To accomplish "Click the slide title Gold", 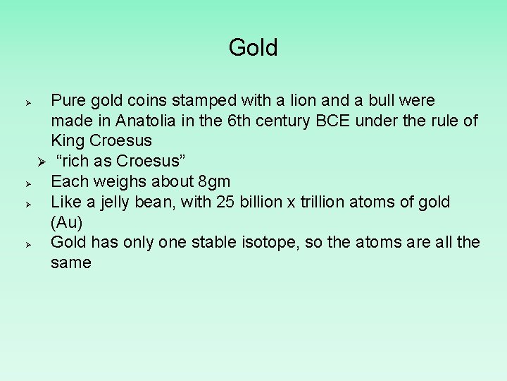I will tap(254, 48).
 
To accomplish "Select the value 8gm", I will tap(213, 181).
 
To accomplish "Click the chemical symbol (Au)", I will tap(67, 222).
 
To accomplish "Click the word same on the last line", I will tap(71, 263).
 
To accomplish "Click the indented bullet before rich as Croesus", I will tap(42, 162).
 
